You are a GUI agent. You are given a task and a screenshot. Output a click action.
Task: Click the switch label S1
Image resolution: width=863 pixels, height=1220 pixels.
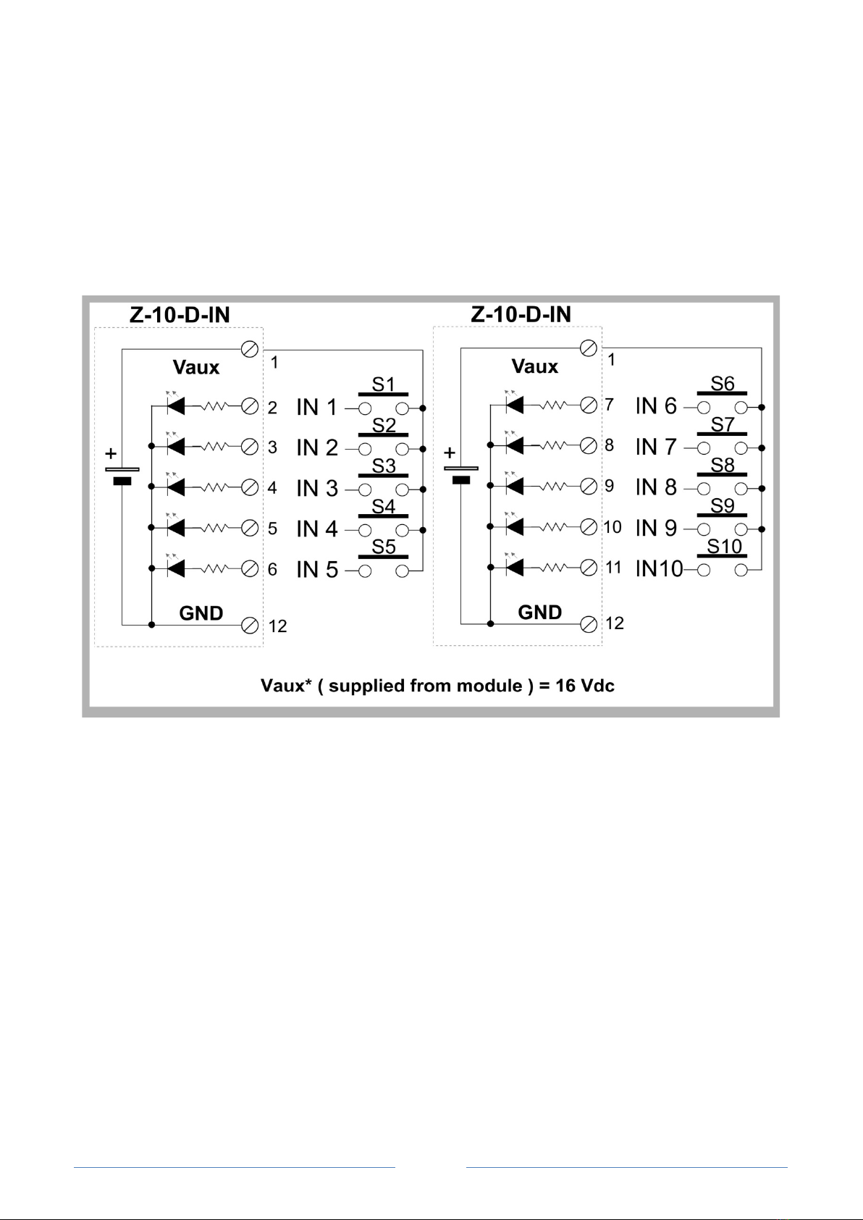point(383,384)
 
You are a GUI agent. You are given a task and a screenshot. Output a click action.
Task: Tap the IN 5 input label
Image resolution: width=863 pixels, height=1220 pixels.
point(317,570)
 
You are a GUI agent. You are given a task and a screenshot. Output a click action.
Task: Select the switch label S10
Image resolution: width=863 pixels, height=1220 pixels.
point(724,547)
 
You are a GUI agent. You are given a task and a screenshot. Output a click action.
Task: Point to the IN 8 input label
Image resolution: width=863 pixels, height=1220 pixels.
point(656,488)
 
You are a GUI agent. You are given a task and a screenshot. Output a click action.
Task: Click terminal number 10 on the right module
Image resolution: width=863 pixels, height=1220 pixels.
point(612,527)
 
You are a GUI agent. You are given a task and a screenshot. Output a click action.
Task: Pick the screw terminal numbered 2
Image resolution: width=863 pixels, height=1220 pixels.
point(250,407)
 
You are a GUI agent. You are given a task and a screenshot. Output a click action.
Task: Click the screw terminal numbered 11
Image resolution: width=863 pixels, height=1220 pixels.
point(589,568)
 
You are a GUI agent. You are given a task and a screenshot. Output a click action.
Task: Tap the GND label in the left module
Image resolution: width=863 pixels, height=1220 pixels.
point(201,613)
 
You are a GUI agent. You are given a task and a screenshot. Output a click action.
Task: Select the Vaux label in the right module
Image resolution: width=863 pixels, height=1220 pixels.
point(535,366)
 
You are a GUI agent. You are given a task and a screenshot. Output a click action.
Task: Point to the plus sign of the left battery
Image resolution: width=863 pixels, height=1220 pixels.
point(111,454)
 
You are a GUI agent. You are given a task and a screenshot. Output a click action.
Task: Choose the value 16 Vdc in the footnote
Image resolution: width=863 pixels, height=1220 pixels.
point(585,686)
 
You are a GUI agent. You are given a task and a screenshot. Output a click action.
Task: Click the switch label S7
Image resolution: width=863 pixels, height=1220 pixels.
point(723,425)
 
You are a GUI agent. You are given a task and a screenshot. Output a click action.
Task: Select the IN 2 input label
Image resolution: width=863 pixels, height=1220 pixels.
point(317,448)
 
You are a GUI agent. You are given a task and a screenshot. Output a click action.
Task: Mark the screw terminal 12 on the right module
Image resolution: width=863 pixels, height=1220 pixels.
point(589,623)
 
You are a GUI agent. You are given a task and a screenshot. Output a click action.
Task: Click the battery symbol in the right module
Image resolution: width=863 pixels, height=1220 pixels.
point(460,474)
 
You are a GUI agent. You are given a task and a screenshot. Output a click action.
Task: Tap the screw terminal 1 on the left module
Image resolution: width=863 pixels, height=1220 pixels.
point(250,350)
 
